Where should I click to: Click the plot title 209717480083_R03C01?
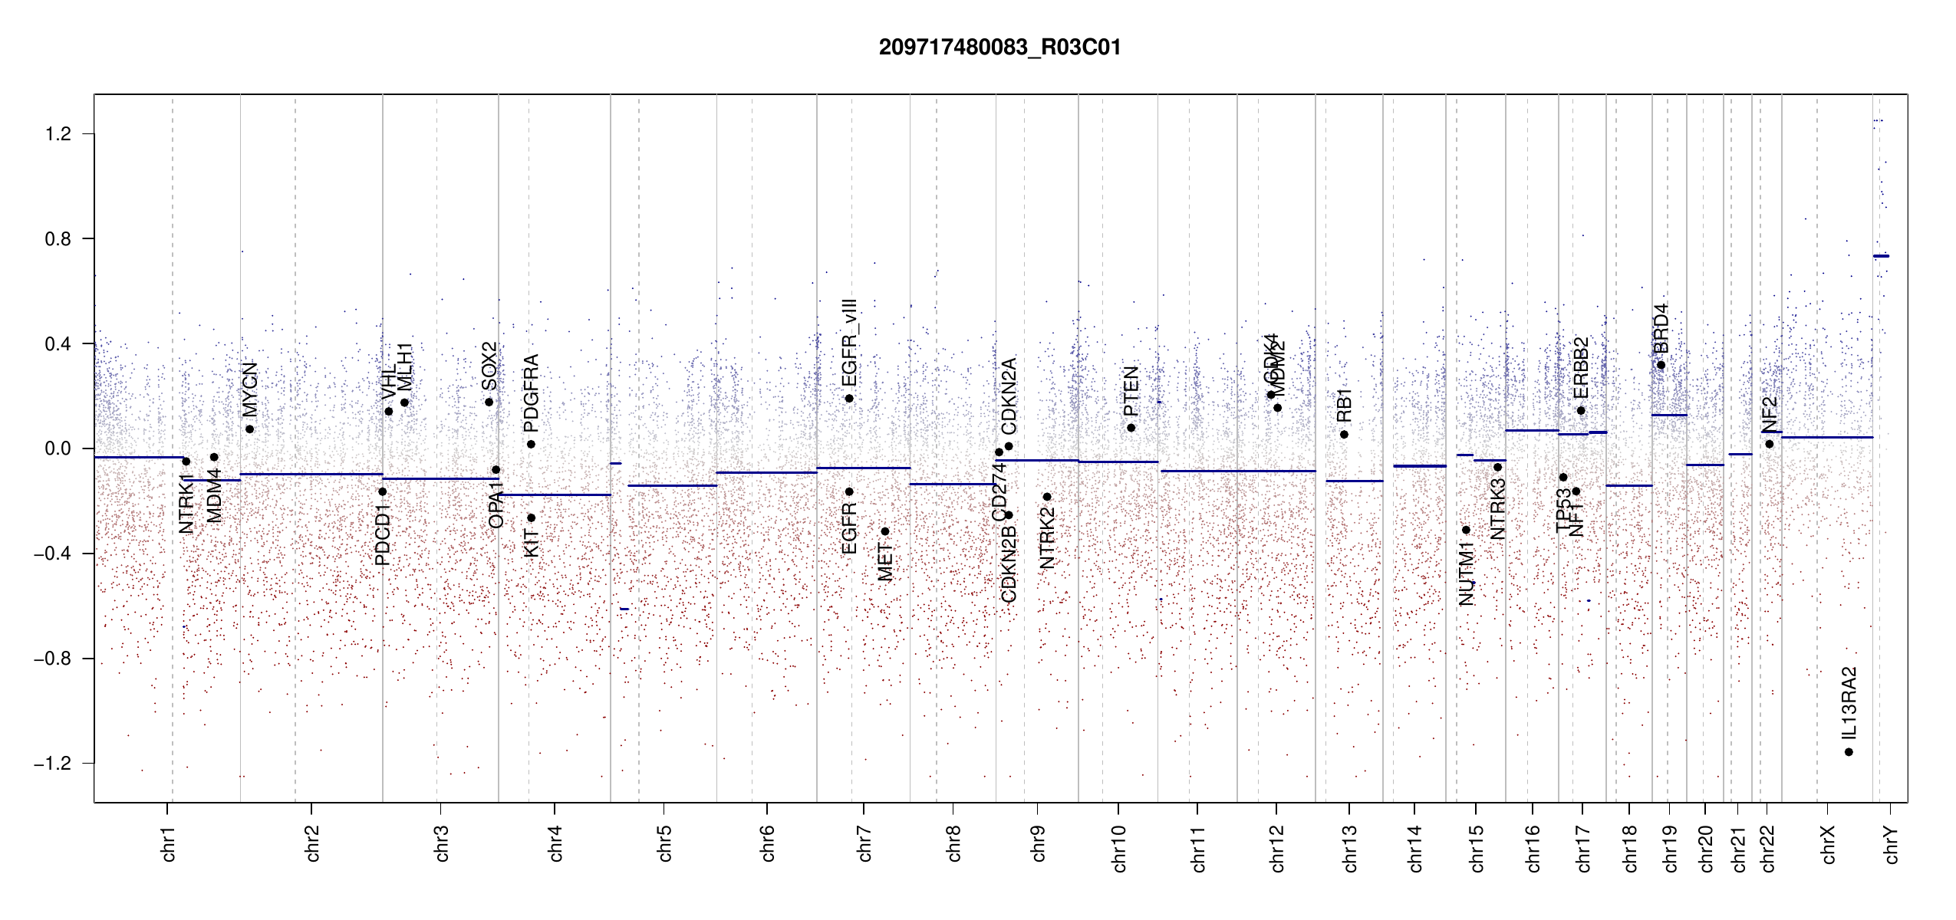(x=999, y=48)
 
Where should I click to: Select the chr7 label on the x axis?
(x=864, y=843)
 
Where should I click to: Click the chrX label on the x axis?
(x=1828, y=844)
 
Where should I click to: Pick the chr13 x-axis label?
(x=1349, y=848)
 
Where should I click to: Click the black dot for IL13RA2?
(x=1849, y=752)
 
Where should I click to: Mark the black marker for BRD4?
(x=1661, y=365)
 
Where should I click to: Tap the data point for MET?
(x=884, y=531)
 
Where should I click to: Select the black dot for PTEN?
(x=1131, y=428)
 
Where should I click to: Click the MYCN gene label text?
(x=250, y=389)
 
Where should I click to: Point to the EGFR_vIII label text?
(x=849, y=343)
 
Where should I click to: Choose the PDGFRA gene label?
(x=531, y=393)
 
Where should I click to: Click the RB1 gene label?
(x=1344, y=406)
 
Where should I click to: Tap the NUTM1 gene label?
(x=1466, y=573)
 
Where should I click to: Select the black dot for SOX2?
(x=489, y=402)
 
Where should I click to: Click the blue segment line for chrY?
(x=1881, y=256)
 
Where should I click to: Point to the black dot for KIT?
(x=531, y=517)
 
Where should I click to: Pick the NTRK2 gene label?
(x=1047, y=537)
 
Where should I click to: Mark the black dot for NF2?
(x=1769, y=444)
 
